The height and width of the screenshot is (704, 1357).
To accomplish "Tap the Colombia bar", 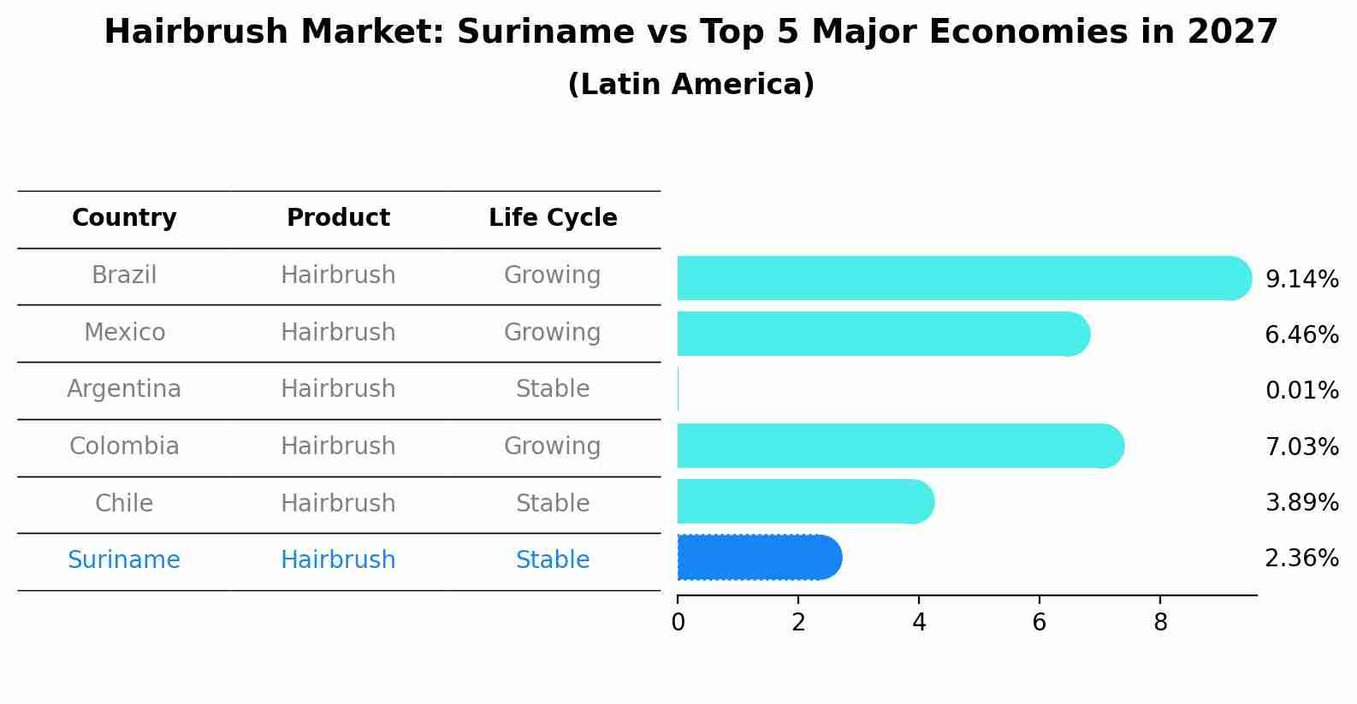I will click(898, 446).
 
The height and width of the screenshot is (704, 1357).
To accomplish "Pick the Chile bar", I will click(804, 501).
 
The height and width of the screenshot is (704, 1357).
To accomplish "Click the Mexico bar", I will click(881, 334).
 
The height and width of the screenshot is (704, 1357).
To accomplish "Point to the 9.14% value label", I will click(1301, 280).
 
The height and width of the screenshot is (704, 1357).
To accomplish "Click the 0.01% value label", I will click(1301, 391).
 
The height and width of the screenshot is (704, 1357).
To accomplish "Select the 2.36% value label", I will click(1301, 559).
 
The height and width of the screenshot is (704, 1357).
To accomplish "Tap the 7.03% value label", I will click(1301, 447).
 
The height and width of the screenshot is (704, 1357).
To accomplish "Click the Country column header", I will click(124, 218).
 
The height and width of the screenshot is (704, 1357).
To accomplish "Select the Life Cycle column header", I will click(553, 218).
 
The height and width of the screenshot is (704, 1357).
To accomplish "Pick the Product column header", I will click(338, 218).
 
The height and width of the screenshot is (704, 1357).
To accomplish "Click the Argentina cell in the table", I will click(124, 389).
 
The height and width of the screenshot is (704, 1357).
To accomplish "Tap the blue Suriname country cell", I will click(124, 560).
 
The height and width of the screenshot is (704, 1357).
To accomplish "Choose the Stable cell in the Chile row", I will click(553, 503).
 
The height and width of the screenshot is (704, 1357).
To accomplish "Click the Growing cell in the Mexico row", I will click(553, 332).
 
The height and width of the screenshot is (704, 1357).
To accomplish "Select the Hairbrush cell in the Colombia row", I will click(338, 447).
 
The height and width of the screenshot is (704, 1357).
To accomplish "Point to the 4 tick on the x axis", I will click(919, 623).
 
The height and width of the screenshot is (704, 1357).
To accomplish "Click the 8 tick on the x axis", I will click(1160, 623).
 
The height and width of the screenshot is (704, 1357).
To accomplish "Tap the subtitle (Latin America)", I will click(690, 85).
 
